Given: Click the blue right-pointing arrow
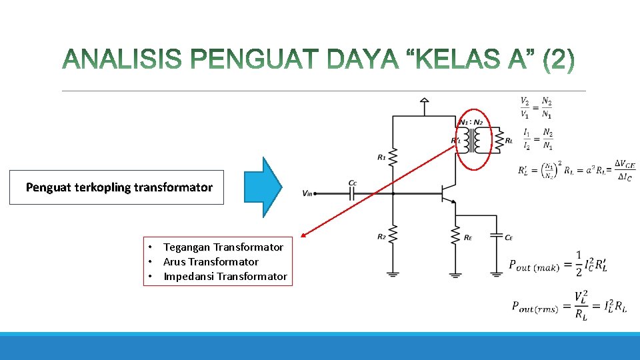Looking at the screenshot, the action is click(x=264, y=187).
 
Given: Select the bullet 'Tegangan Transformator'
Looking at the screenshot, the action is click(x=223, y=247).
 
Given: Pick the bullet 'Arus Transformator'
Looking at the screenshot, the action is click(x=211, y=262).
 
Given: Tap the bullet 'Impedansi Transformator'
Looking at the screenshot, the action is click(x=225, y=277).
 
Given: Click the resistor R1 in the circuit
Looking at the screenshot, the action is click(x=393, y=157).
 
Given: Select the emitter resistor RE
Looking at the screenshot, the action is click(x=455, y=235).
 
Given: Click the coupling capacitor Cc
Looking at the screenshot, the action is click(x=353, y=193).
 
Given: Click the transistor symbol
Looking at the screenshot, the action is click(x=446, y=193).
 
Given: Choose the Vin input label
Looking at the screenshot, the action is click(x=307, y=194).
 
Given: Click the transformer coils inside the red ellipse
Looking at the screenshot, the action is click(x=474, y=139).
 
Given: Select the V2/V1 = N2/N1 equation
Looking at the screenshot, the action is click(x=536, y=107).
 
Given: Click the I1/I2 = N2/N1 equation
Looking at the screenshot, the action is click(x=536, y=139).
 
